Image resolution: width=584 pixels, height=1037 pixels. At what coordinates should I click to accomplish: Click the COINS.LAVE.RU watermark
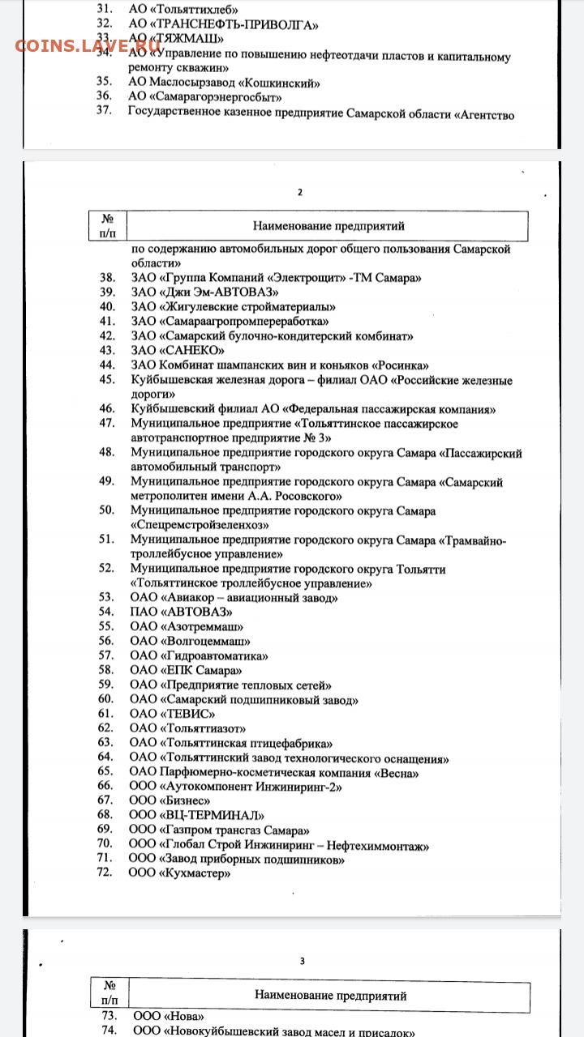(88, 45)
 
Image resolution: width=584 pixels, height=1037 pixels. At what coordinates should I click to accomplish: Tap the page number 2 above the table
(300, 192)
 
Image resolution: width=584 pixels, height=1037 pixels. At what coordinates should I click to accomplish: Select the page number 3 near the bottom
(303, 961)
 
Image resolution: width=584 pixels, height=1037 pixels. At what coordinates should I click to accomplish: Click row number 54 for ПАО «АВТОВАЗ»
(106, 612)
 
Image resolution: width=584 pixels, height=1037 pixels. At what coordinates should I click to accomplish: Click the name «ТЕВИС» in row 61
(189, 714)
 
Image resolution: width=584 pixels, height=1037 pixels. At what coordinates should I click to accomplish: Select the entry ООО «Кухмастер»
(180, 873)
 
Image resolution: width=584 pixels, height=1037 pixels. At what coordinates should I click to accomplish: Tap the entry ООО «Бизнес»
(170, 800)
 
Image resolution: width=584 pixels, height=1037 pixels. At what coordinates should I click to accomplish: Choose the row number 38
(106, 278)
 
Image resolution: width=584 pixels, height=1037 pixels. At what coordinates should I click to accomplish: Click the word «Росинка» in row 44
(401, 365)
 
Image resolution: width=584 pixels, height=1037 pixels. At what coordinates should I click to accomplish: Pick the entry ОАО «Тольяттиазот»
(187, 728)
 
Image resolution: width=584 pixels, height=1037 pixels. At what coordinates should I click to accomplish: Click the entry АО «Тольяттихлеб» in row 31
(179, 8)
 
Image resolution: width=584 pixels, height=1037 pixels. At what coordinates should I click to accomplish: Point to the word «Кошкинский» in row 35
(281, 82)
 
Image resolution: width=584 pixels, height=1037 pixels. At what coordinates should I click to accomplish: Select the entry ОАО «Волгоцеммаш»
(190, 641)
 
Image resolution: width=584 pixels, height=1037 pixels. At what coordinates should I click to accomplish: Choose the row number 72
(105, 873)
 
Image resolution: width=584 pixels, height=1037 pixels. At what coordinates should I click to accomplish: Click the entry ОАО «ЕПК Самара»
(187, 670)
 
